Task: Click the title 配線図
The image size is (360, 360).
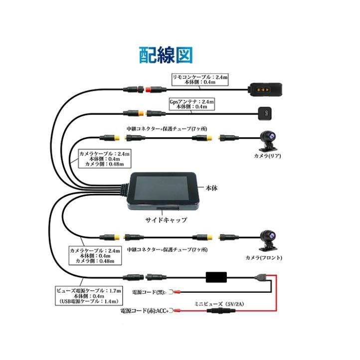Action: tap(165, 55)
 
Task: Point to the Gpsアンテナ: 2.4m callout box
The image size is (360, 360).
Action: tap(192, 104)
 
